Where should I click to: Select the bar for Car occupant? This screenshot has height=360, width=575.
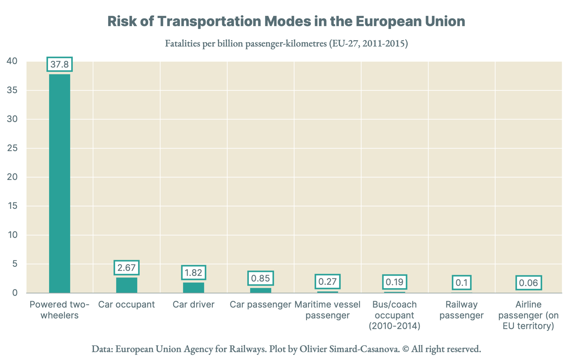point(126,285)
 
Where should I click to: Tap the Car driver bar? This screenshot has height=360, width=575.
point(193,288)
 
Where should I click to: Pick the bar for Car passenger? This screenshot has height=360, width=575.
point(260,290)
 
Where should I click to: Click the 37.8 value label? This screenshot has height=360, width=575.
point(60,64)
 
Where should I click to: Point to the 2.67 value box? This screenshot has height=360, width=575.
point(126,268)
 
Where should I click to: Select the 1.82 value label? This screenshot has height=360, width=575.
point(193,273)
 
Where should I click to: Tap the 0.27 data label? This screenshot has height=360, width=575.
point(327,282)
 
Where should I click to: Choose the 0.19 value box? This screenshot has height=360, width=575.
point(394,282)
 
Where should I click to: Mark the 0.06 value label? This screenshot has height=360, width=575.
point(528,283)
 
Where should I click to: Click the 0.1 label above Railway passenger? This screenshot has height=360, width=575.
point(461,283)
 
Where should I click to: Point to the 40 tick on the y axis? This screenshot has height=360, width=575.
point(12,61)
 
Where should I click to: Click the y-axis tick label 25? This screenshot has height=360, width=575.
point(12,148)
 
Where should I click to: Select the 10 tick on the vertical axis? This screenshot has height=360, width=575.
point(13,235)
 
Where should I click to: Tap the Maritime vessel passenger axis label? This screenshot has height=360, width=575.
point(327,310)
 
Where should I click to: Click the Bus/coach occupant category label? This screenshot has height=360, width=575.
point(394,315)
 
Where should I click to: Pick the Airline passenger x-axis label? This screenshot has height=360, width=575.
point(528,315)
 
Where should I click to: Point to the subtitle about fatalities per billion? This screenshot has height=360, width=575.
point(286,43)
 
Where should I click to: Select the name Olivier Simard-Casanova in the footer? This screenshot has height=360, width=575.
point(350,349)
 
